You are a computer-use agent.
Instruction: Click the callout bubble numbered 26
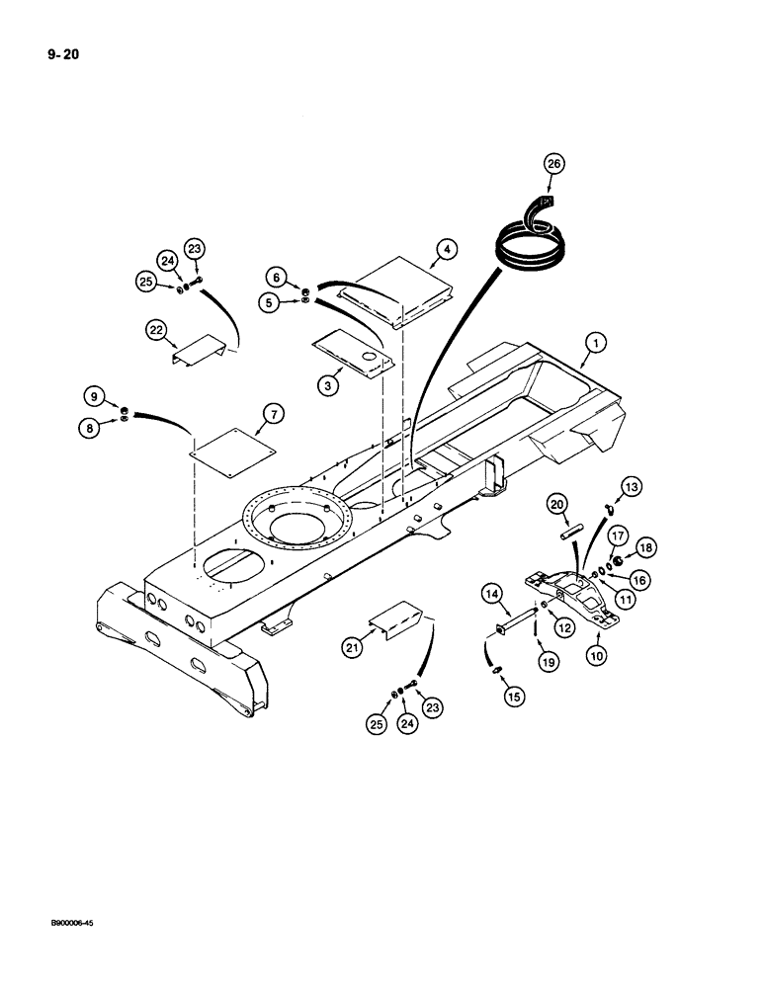(x=552, y=165)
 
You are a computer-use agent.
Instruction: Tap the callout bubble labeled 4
(x=447, y=250)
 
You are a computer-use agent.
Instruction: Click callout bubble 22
(x=157, y=332)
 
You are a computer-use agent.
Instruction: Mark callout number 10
(x=597, y=653)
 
